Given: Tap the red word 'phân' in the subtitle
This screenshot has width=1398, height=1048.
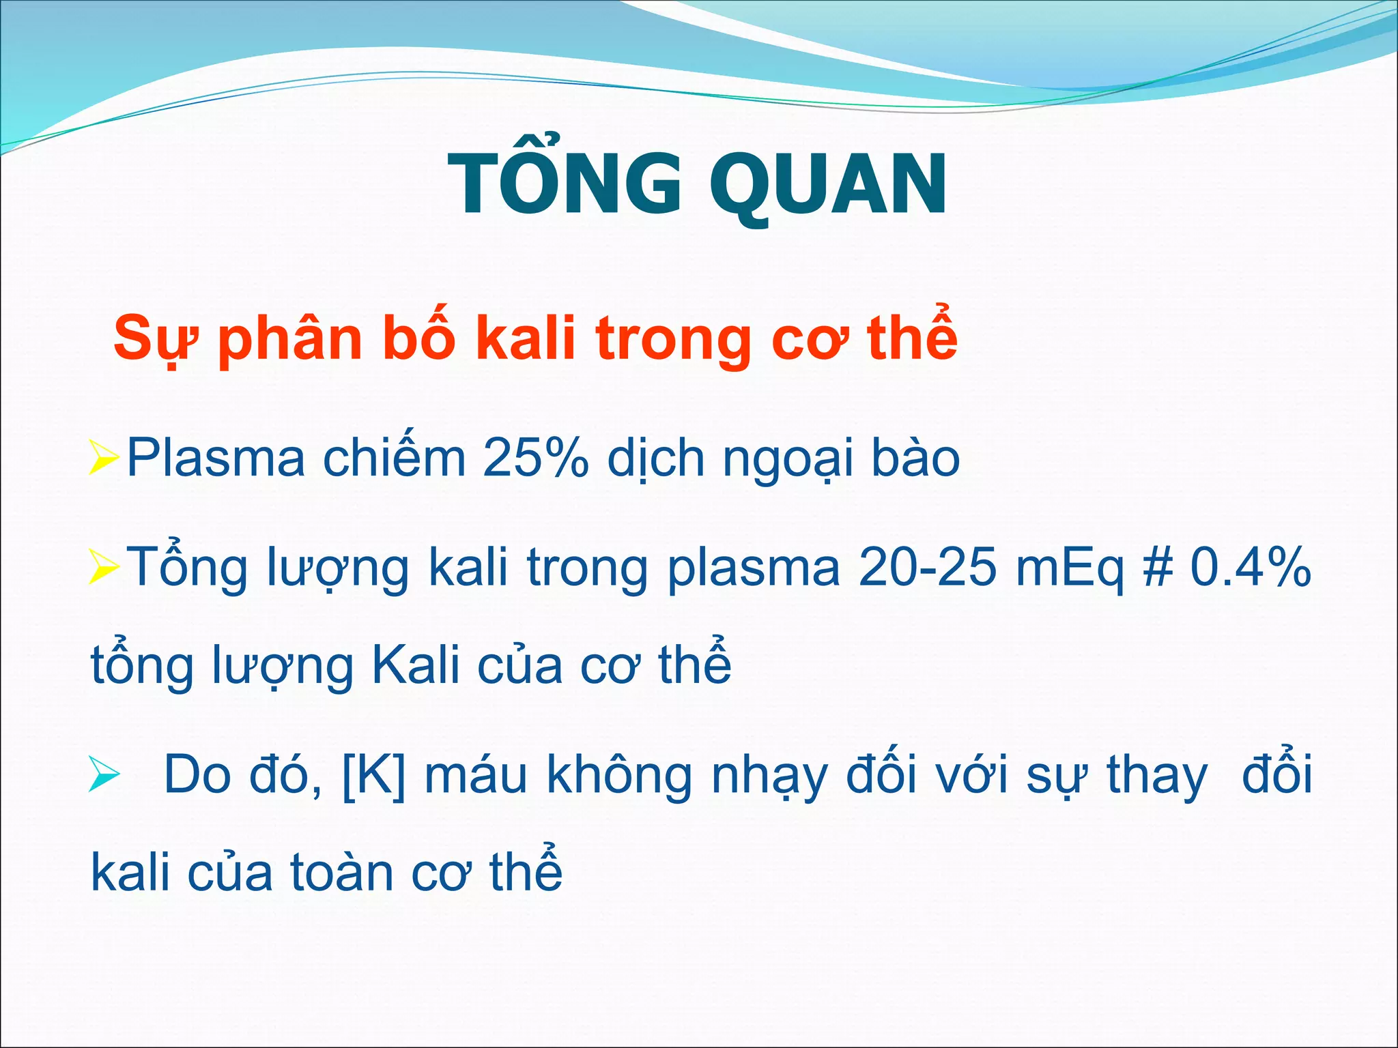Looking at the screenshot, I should point(289,339).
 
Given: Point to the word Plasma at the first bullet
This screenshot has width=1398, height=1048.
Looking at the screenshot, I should point(216,458).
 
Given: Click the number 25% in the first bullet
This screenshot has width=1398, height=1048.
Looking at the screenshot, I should point(534,458).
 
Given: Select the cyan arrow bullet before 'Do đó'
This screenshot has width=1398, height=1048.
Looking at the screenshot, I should point(104,776).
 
